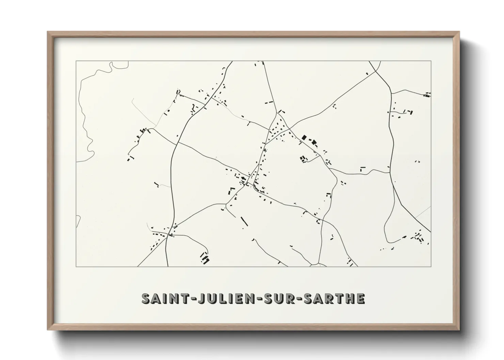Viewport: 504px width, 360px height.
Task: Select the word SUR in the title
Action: tap(281, 298)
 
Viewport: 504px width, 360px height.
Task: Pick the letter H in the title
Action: tap(349, 298)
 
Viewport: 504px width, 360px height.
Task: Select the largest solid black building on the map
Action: tap(304, 137)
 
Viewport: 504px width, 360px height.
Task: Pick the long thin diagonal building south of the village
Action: tap(244, 221)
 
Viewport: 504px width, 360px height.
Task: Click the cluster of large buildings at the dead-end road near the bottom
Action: tap(205, 260)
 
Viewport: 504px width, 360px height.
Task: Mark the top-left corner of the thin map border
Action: tap(76, 61)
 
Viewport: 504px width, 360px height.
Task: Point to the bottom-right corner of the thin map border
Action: tap(431, 266)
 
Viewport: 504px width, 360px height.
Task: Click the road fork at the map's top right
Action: tap(376, 71)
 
